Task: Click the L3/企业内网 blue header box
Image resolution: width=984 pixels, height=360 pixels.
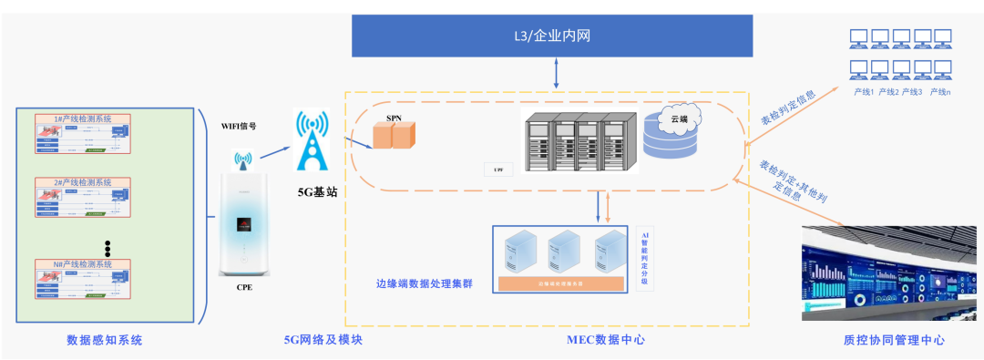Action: (x=553, y=36)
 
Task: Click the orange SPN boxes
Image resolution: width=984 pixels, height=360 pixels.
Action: (x=394, y=136)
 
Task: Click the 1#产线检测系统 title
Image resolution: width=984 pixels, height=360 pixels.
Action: (x=82, y=119)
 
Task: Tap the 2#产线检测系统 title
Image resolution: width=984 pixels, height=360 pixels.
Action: (x=82, y=182)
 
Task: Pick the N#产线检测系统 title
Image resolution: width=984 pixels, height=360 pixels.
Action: (x=82, y=263)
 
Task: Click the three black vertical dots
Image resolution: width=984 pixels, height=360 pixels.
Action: (x=107, y=247)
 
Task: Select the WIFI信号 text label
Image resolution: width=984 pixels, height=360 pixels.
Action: (x=245, y=125)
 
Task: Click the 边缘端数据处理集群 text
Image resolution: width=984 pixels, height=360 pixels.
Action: (x=425, y=283)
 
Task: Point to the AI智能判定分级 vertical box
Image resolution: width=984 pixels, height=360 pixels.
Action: (x=646, y=258)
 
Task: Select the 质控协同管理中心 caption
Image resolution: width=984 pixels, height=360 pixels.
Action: (x=893, y=340)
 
